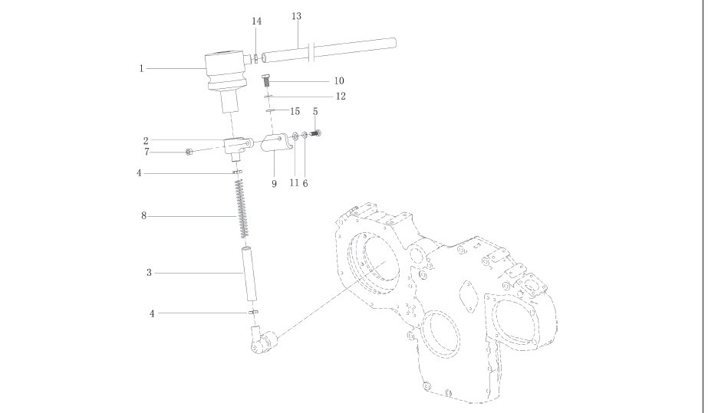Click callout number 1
pos(142,69)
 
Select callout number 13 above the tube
pos(297,17)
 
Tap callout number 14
pos(257,21)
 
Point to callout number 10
pos(338,80)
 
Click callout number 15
pos(295,112)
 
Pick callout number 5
pos(315,112)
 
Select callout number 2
pos(145,141)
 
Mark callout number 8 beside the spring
pos(143,217)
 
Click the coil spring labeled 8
pos(242,207)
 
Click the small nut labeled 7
pos(189,152)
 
